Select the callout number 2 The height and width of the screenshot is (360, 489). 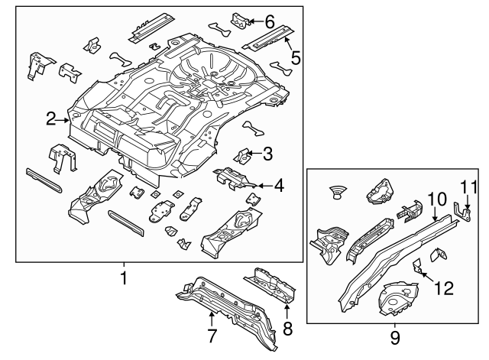51,118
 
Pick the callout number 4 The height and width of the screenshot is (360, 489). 279,185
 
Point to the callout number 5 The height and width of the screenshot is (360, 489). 296,57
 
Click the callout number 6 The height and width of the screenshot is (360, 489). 269,22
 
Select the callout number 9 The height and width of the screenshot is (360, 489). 395,336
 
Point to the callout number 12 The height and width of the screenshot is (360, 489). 444,287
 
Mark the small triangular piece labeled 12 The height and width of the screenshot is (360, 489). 416,266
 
